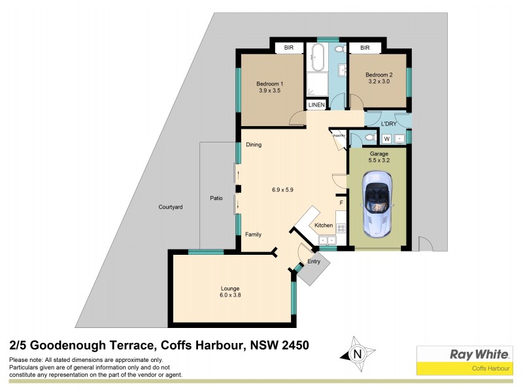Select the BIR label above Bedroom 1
point(288,48)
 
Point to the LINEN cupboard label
point(316,105)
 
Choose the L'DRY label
point(389,123)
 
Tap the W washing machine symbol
point(386,139)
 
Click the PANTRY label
point(338,136)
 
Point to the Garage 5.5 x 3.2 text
point(379,157)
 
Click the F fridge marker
point(341,204)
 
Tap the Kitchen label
point(324,225)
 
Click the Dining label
point(254,145)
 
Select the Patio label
point(216,198)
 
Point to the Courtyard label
point(170,207)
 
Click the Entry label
point(314,261)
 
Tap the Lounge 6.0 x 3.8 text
point(230,291)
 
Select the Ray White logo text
point(479,354)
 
